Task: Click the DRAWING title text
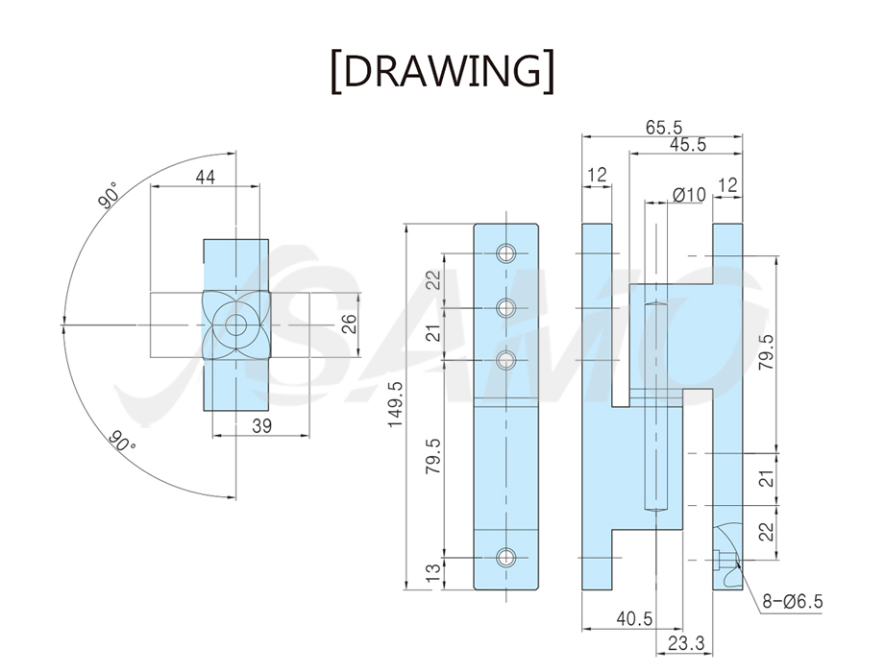pos(442,72)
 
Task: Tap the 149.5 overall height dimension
pos(396,404)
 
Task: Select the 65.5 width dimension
pos(664,128)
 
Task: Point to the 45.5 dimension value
pos(687,145)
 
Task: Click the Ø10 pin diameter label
pos(690,195)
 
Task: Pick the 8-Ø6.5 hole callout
pos(793,602)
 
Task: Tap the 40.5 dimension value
pos(634,619)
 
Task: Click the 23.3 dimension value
pos(686,642)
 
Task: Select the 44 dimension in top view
pos(206,177)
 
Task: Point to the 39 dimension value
pos(262,426)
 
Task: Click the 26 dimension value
pos(350,324)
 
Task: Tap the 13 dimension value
pos(433,574)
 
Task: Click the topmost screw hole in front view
pos(506,253)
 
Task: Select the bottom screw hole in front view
pos(506,558)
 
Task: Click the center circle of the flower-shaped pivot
pos(236,324)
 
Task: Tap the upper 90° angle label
pos(109,195)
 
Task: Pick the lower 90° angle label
pos(123,441)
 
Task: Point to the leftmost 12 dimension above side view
pos(597,175)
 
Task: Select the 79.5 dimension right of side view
pos(767,352)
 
